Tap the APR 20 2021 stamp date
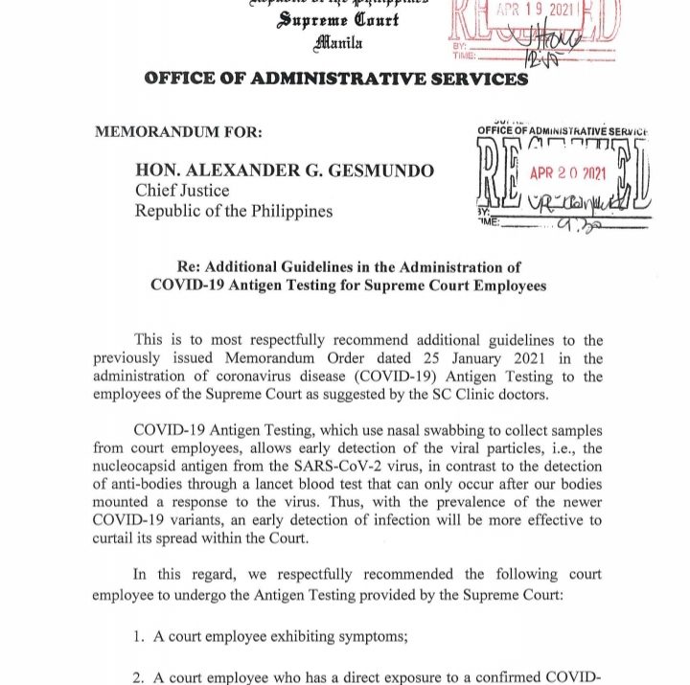pyautogui.click(x=568, y=175)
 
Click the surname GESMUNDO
pyautogui.click(x=386, y=171)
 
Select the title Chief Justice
pyautogui.click(x=182, y=191)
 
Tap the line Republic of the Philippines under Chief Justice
pyautogui.click(x=234, y=211)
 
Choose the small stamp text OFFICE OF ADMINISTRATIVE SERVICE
pyautogui.click(x=563, y=130)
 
